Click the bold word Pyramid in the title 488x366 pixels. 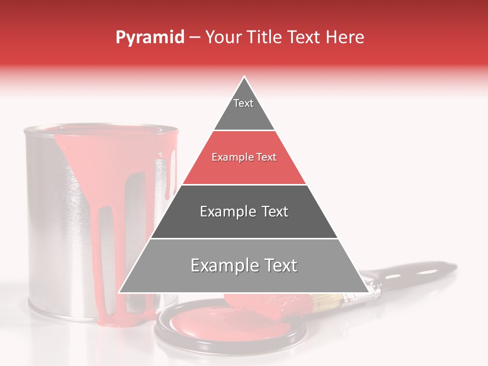149,38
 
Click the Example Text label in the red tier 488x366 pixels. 244,158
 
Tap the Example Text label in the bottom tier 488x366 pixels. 244,265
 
